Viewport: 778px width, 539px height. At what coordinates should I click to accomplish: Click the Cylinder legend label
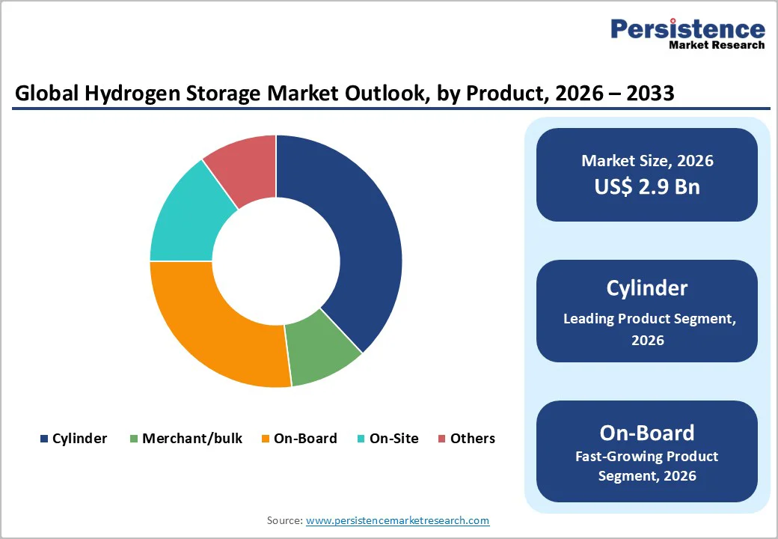(x=79, y=439)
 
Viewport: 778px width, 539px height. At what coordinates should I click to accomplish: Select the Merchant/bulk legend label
(x=192, y=439)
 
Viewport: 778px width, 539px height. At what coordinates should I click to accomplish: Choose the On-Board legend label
(x=305, y=439)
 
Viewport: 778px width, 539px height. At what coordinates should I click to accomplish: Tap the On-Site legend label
(x=394, y=439)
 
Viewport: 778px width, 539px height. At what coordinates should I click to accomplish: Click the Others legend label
(x=473, y=439)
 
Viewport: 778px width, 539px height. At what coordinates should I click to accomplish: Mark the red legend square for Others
(x=442, y=439)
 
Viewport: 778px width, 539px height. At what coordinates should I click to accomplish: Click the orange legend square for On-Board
(x=266, y=439)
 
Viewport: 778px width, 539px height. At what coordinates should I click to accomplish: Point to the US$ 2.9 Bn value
(x=647, y=186)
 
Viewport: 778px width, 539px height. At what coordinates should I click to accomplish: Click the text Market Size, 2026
(x=647, y=161)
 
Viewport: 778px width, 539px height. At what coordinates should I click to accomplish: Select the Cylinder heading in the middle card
(x=647, y=288)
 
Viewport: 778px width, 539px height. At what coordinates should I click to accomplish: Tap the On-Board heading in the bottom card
(x=647, y=433)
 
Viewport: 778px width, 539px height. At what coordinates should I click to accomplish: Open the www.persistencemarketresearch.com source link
(x=397, y=520)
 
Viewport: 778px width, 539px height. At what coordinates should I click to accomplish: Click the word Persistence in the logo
(x=687, y=29)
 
